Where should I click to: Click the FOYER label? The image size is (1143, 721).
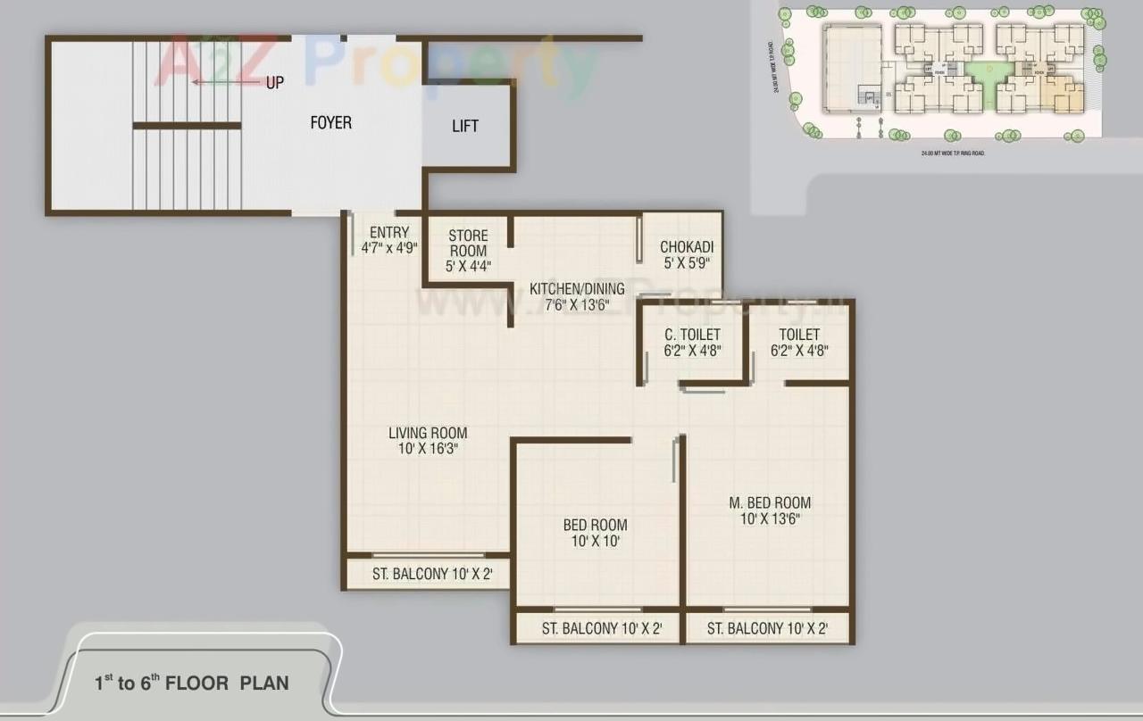click(x=330, y=123)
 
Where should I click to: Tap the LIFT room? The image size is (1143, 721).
click(x=465, y=126)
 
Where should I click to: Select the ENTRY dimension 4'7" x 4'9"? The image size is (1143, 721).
click(x=389, y=248)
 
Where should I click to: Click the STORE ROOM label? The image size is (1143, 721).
click(x=468, y=244)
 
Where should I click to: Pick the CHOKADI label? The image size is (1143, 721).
click(x=686, y=247)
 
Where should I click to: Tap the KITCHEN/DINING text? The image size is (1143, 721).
click(x=577, y=289)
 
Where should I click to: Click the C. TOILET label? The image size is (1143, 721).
click(x=692, y=335)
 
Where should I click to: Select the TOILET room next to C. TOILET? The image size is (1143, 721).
click(x=798, y=343)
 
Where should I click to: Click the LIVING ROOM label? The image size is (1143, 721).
click(x=428, y=433)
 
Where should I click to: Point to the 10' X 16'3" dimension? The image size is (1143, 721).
click(x=428, y=449)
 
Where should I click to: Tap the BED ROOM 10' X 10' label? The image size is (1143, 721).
click(x=595, y=533)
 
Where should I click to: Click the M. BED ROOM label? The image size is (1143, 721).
click(x=770, y=502)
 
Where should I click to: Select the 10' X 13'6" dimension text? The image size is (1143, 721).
click(x=770, y=518)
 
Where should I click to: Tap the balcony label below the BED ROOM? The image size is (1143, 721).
click(x=601, y=628)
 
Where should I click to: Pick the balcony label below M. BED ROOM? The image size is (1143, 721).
click(x=767, y=628)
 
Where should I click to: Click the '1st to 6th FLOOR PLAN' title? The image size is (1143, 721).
click(x=192, y=684)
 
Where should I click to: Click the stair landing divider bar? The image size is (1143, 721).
click(x=187, y=126)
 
